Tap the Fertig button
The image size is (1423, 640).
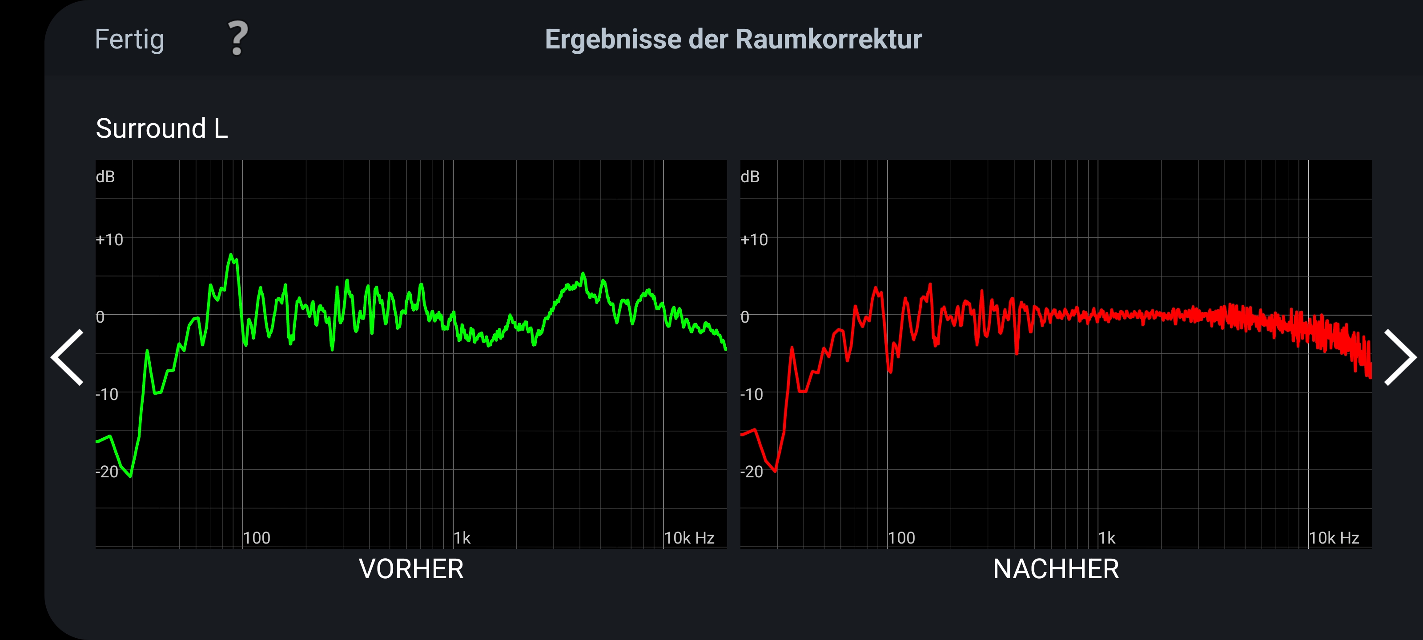[129, 40]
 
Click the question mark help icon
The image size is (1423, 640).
[238, 39]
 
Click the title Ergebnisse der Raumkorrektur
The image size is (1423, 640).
[733, 40]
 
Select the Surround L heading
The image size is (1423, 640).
[162, 128]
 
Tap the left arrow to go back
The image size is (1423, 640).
[68, 357]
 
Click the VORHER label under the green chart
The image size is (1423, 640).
[411, 569]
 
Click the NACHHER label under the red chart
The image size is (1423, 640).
[1056, 569]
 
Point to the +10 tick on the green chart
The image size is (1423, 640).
[109, 240]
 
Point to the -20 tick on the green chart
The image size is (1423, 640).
[107, 472]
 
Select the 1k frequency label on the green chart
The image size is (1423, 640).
[462, 538]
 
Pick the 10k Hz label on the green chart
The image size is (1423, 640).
[689, 538]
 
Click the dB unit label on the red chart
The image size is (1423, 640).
[750, 177]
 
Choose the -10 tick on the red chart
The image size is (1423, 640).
[752, 394]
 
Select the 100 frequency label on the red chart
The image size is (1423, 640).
[901, 538]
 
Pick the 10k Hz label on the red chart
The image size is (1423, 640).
[1334, 538]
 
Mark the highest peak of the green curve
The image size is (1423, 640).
[231, 255]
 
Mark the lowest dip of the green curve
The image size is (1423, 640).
[130, 476]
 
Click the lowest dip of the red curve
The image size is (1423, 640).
[776, 472]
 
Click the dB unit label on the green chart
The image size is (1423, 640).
[105, 177]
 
